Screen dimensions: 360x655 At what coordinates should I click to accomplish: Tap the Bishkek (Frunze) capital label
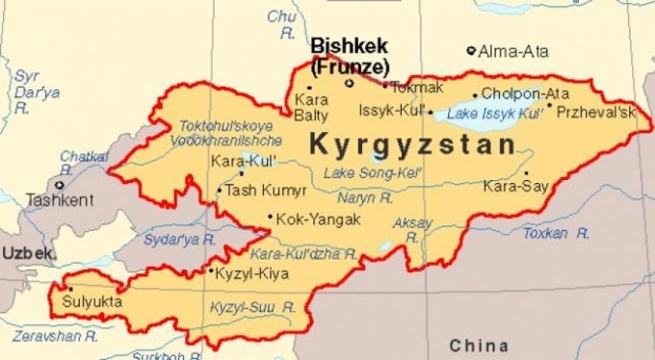(x=350, y=56)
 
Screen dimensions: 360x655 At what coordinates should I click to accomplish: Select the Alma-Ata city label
(x=512, y=51)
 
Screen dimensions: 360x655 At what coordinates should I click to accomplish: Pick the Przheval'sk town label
(x=597, y=113)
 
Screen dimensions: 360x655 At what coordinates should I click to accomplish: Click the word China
(x=478, y=345)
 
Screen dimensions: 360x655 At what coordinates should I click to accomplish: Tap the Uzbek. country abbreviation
(x=28, y=252)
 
